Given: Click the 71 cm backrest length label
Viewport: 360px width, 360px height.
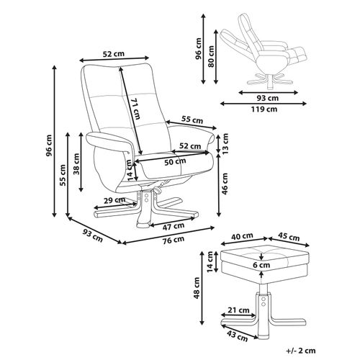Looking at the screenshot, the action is click(135, 109).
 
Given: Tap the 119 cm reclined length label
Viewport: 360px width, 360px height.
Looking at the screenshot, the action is click(264, 109).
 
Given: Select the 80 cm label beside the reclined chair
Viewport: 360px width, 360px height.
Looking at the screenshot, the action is click(211, 56).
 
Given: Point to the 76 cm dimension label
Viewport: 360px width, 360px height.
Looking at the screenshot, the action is click(174, 240).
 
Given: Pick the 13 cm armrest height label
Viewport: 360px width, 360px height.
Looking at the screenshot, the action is click(225, 143).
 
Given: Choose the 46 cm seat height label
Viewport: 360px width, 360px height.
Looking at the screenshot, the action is click(225, 184).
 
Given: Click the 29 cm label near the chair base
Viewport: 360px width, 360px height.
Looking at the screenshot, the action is click(114, 200).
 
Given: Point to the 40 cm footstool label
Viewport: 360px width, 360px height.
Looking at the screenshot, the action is click(242, 236).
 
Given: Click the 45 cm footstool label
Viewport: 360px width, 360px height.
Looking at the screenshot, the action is click(289, 237).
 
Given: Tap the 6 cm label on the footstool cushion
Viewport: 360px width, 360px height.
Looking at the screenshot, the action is click(261, 265).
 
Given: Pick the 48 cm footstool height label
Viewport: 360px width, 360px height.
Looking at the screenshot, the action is click(197, 288).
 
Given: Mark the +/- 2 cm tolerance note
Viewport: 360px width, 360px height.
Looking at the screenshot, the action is click(301, 351).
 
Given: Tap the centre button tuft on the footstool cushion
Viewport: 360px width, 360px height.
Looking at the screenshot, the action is click(261, 255).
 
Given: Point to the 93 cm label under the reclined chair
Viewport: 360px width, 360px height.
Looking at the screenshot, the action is click(268, 98).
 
